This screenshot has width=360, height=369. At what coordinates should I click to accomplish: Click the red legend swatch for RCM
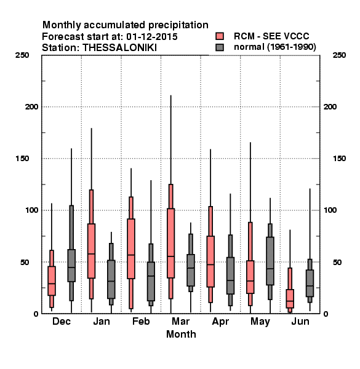220,36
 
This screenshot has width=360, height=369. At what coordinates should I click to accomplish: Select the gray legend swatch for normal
220,47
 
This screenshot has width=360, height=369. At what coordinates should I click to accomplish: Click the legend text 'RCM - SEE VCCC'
271,36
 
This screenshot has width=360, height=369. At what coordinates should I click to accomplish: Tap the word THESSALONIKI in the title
120,48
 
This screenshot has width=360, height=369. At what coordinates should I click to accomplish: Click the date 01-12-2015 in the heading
152,37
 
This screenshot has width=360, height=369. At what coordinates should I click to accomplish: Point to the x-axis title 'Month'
181,334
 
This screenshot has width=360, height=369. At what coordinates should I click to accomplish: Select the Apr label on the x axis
220,322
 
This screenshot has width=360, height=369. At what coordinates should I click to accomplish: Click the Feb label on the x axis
141,321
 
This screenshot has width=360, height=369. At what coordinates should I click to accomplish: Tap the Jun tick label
300,321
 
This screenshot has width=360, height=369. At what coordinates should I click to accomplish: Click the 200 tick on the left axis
31,106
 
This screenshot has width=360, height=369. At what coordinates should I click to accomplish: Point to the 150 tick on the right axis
339,159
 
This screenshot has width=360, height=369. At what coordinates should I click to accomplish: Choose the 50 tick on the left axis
25,262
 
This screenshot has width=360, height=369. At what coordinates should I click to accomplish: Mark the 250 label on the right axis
339,55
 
